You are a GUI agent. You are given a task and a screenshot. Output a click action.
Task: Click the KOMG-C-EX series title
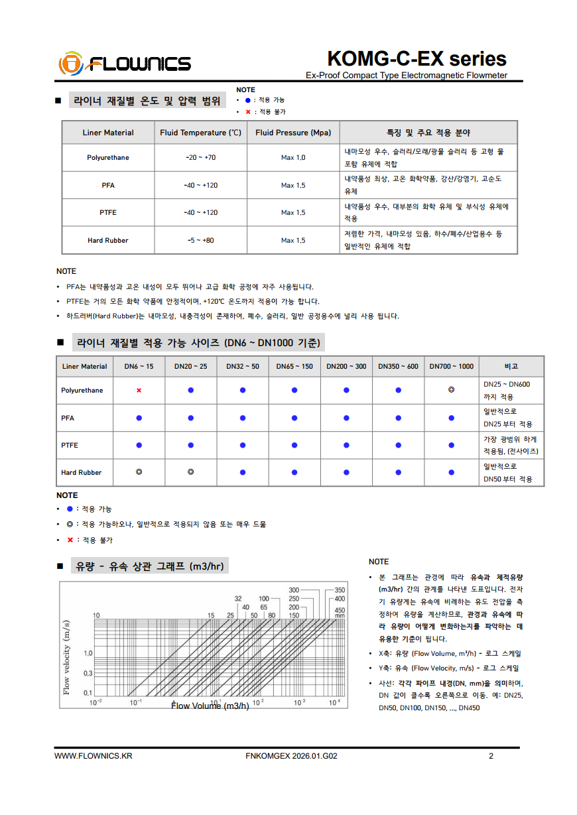(x=417, y=58)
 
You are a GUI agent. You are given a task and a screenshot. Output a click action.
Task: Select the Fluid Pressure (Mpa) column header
(x=293, y=133)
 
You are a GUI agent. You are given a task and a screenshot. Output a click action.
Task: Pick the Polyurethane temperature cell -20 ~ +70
(x=201, y=158)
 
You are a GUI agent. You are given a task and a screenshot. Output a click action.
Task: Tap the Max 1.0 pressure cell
(x=293, y=158)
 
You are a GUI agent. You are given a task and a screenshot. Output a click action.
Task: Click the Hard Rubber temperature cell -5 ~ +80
(x=201, y=240)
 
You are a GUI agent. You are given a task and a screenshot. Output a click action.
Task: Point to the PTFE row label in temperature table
(x=108, y=212)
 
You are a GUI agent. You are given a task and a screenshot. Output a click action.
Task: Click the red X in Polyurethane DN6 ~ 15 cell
(x=139, y=391)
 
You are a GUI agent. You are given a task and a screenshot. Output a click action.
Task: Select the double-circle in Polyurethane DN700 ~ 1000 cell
(x=451, y=390)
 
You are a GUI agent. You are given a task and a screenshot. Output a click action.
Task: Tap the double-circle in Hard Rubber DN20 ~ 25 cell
(x=190, y=472)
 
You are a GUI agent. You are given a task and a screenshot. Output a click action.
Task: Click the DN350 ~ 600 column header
(x=398, y=366)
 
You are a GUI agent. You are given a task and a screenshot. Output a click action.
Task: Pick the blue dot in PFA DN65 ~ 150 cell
(x=294, y=418)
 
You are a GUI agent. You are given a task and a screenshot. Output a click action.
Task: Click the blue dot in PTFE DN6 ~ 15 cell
(x=139, y=445)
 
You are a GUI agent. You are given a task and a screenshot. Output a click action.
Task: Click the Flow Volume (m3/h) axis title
(x=210, y=706)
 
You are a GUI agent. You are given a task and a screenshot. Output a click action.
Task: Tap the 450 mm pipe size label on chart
(x=340, y=613)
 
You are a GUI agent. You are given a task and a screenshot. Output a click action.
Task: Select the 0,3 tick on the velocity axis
(x=88, y=673)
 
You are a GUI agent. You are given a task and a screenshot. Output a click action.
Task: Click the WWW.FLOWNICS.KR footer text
(x=94, y=756)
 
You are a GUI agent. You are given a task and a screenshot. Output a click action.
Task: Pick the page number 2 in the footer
(x=491, y=756)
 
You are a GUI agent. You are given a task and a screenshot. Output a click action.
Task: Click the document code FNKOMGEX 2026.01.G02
(x=291, y=756)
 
